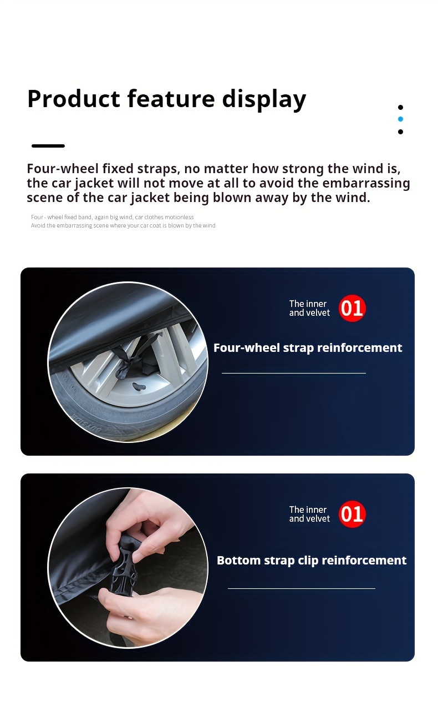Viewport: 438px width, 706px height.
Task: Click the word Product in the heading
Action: pyautogui.click(x=74, y=99)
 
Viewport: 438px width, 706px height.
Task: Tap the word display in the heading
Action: pyautogui.click(x=264, y=99)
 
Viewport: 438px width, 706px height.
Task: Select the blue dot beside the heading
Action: pyautogui.click(x=400, y=119)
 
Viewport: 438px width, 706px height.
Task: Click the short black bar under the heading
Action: pyautogui.click(x=48, y=146)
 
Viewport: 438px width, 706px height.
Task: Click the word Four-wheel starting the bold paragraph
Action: pyautogui.click(x=63, y=169)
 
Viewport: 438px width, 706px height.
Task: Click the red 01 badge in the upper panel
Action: pyautogui.click(x=352, y=308)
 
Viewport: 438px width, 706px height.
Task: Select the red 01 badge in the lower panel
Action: pyautogui.click(x=352, y=514)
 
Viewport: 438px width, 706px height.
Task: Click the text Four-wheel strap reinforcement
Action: pyautogui.click(x=308, y=348)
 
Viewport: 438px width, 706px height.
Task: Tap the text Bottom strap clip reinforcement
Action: pyautogui.click(x=312, y=561)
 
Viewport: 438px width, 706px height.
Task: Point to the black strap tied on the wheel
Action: pyautogui.click(x=135, y=356)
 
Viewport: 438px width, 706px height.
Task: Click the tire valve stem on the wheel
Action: pyautogui.click(x=139, y=386)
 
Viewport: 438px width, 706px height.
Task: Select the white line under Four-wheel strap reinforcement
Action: pyautogui.click(x=294, y=373)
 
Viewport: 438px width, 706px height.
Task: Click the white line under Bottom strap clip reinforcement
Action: pyautogui.click(x=302, y=588)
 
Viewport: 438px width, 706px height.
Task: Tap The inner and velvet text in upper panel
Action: pyautogui.click(x=309, y=308)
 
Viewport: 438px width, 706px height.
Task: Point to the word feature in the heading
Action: pyautogui.click(x=171, y=99)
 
